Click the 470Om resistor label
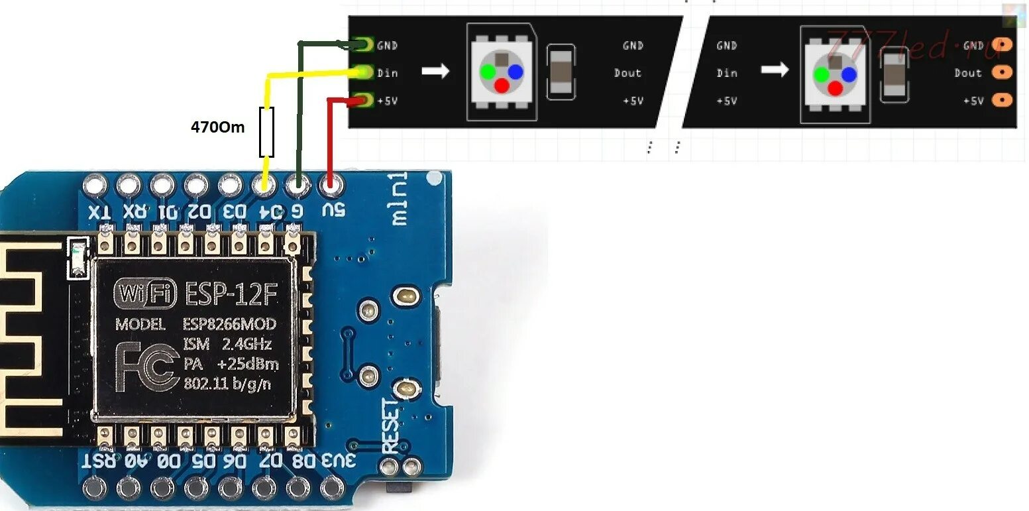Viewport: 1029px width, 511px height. click(217, 127)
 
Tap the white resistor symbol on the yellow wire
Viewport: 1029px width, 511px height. click(266, 132)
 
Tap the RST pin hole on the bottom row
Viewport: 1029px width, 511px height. click(94, 488)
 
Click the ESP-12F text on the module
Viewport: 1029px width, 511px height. click(230, 294)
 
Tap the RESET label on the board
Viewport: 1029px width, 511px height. click(390, 424)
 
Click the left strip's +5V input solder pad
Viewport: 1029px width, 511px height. click(362, 101)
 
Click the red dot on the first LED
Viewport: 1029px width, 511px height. click(502, 85)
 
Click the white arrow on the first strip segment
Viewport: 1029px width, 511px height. click(435, 71)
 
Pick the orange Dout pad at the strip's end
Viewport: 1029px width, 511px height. click(1004, 72)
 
